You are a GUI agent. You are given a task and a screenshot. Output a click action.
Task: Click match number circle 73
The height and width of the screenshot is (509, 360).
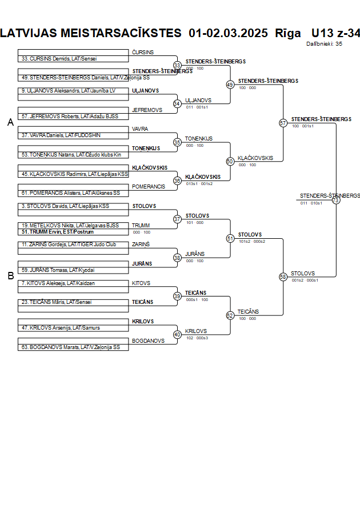click(335, 200)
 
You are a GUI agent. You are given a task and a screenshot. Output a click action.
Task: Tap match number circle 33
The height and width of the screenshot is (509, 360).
click(177, 65)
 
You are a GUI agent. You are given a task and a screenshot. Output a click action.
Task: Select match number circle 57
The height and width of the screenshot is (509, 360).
click(283, 123)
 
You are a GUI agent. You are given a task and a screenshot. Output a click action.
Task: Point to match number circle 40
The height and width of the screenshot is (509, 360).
click(177, 334)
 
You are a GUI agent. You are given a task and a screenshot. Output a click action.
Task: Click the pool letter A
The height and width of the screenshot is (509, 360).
click(10, 122)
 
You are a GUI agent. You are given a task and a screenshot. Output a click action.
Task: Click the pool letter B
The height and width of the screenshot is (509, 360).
click(10, 276)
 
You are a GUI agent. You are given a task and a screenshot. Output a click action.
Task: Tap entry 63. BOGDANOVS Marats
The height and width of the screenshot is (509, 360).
click(71, 347)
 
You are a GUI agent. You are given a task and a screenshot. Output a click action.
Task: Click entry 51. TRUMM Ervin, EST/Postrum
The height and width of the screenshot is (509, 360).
click(58, 232)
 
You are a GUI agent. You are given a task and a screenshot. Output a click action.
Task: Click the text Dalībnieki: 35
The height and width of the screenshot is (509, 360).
click(324, 43)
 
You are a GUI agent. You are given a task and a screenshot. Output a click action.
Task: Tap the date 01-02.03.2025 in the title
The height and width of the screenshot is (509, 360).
click(228, 33)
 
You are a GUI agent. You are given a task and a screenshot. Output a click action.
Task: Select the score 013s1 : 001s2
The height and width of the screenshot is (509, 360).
click(199, 183)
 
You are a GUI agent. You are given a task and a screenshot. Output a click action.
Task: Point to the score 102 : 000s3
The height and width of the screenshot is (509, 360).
click(197, 338)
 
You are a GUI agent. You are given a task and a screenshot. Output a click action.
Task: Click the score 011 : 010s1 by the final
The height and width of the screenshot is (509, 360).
click(311, 203)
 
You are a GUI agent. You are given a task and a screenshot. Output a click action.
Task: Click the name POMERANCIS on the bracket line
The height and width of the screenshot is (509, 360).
click(148, 187)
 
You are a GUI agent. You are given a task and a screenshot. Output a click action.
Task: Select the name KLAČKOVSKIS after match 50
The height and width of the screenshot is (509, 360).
click(255, 158)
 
